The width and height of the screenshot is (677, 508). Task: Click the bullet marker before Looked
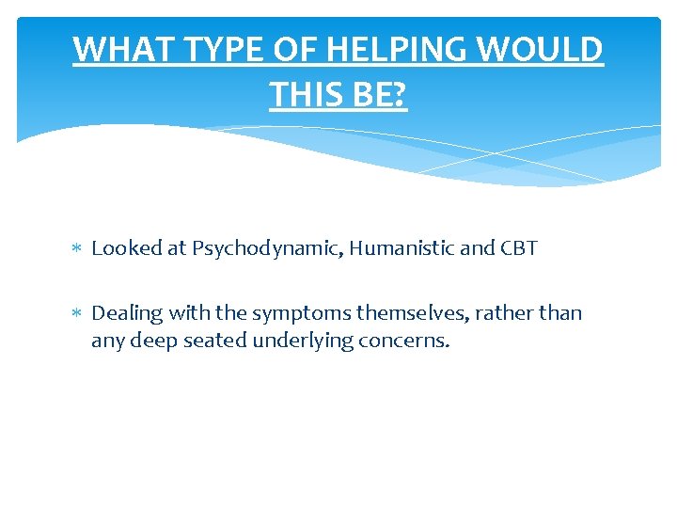(x=77, y=249)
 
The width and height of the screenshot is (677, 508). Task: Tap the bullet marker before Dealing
(x=77, y=313)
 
